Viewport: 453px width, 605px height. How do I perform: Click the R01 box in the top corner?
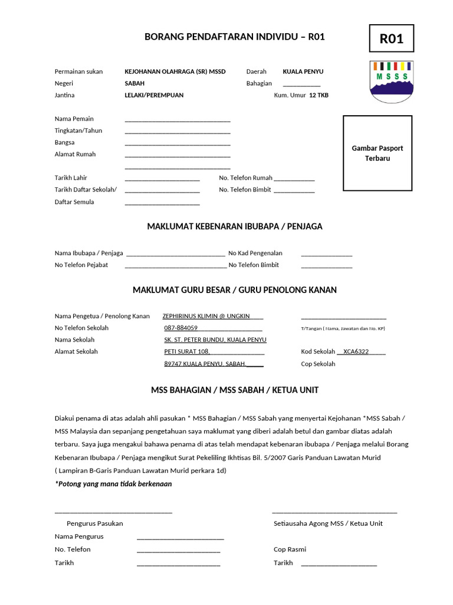point(391,39)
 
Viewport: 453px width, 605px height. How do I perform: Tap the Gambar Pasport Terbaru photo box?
point(377,153)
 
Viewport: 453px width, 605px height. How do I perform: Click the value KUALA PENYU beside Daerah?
point(303,71)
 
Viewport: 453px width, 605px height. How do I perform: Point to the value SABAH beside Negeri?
point(134,83)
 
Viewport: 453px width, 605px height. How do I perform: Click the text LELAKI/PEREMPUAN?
point(154,95)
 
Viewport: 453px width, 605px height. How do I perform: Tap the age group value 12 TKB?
point(319,95)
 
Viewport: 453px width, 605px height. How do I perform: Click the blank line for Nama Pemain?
point(177,120)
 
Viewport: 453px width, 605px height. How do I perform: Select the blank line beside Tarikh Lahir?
point(162,179)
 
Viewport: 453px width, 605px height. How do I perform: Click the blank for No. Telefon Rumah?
point(294,179)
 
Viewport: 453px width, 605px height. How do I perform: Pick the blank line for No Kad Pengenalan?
point(327,255)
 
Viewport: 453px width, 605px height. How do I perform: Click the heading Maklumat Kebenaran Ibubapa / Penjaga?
point(234,226)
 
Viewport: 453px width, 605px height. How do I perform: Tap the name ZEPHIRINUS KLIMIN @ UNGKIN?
point(206,316)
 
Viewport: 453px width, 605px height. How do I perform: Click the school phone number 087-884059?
point(180,328)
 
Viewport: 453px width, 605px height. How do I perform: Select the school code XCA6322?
point(356,352)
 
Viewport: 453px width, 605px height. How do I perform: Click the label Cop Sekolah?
point(318,364)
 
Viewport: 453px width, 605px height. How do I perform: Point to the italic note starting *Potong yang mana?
point(113,484)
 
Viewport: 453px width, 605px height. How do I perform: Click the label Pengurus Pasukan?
point(95,523)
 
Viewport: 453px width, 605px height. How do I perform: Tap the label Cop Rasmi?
point(290,549)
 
